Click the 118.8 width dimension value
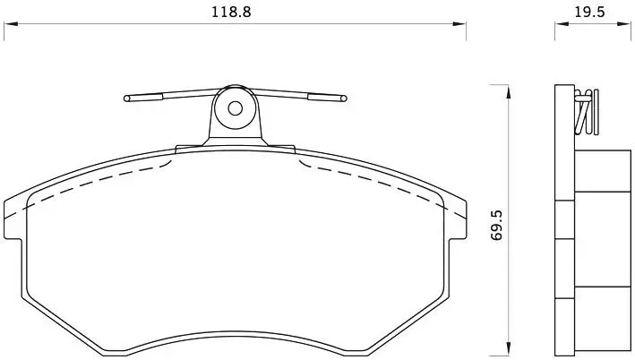(231, 12)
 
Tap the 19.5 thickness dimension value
(589, 12)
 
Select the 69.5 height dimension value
(496, 225)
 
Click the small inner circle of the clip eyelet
(235, 108)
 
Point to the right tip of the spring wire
(344, 98)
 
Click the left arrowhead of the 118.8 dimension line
(11, 24)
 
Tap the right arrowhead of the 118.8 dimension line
(459, 24)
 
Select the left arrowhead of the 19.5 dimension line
(562, 24)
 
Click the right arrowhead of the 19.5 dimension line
(624, 24)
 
